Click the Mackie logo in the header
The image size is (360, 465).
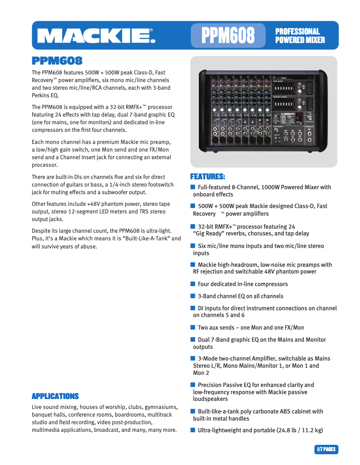pos(96,35)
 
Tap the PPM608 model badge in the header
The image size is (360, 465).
pos(228,35)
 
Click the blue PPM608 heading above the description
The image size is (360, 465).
pos(57,61)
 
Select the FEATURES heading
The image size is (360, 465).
pos(207,176)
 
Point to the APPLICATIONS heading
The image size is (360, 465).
pos(55,396)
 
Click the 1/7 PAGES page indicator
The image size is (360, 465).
pos(326,449)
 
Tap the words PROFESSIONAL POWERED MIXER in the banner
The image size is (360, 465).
pos(300,35)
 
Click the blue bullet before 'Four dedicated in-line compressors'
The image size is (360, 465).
pos(193,284)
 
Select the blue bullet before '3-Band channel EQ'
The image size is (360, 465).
pos(193,296)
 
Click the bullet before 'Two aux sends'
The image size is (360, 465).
pos(193,327)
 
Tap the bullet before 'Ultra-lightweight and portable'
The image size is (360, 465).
pos(193,430)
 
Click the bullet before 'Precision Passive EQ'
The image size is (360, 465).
pos(193,385)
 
